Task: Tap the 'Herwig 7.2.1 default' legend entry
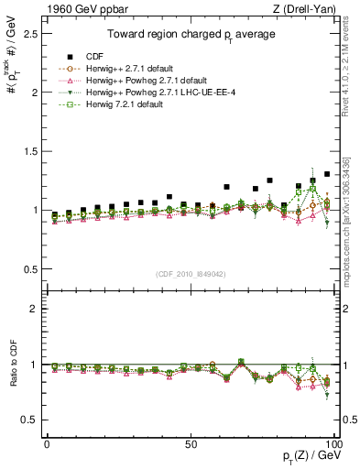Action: tap(127, 104)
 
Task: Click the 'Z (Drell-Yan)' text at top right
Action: tap(309, 8)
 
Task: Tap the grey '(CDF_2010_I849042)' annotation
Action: tap(191, 272)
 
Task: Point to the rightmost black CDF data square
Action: tap(327, 173)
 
